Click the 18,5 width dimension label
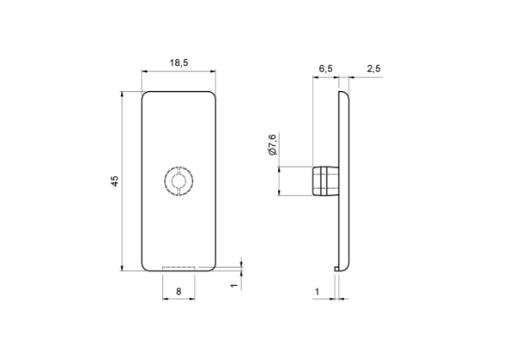tap(179, 63)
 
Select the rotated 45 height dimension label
tap(114, 181)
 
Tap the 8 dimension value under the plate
tap(179, 291)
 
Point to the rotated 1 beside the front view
tap(233, 286)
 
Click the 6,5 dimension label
tap(325, 69)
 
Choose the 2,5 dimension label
tap(373, 69)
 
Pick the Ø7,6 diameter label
tap(273, 144)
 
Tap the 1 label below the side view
tap(317, 291)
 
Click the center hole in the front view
tap(179, 180)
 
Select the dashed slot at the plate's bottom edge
tap(179, 269)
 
